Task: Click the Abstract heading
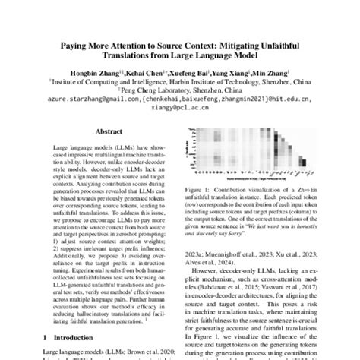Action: coord(99,130)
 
